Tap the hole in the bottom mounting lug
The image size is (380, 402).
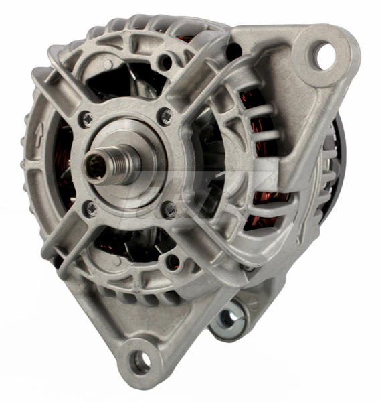141,362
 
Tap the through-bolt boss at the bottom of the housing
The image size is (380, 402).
172,261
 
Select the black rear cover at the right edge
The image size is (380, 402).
339,154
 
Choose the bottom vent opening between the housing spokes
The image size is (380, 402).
127,241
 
